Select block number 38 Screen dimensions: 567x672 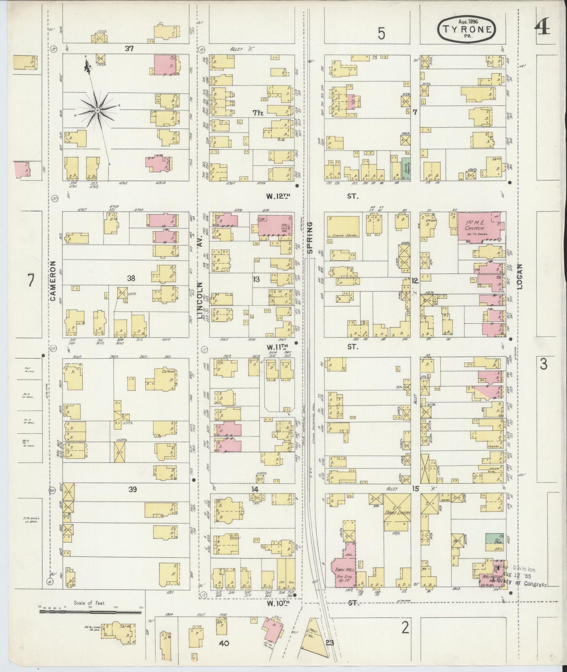[131, 278]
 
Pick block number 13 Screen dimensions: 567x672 [256, 279]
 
